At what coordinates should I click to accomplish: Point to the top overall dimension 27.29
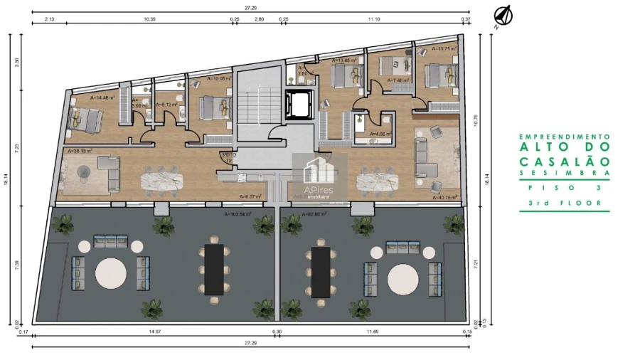click(x=250, y=7)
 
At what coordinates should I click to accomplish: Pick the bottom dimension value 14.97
click(x=153, y=332)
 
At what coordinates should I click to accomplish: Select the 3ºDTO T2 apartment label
click(x=228, y=156)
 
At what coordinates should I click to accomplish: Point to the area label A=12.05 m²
click(x=218, y=78)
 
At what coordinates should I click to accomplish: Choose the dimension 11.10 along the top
click(x=373, y=19)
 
